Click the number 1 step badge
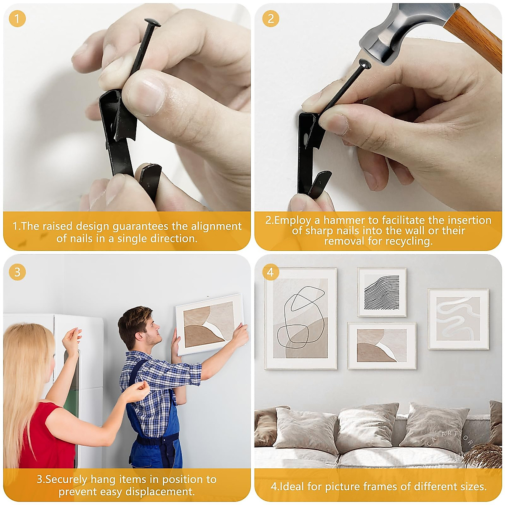[x=17, y=19]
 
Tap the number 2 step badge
[x=271, y=19]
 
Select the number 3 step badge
[x=17, y=272]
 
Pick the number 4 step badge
[x=271, y=272]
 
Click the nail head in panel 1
[x=152, y=23]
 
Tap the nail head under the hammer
[x=364, y=64]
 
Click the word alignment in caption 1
[x=216, y=226]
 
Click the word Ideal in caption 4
[x=292, y=486]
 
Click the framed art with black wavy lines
[x=382, y=292]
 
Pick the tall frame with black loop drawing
[x=300, y=319]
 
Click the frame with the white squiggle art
[x=458, y=319]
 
